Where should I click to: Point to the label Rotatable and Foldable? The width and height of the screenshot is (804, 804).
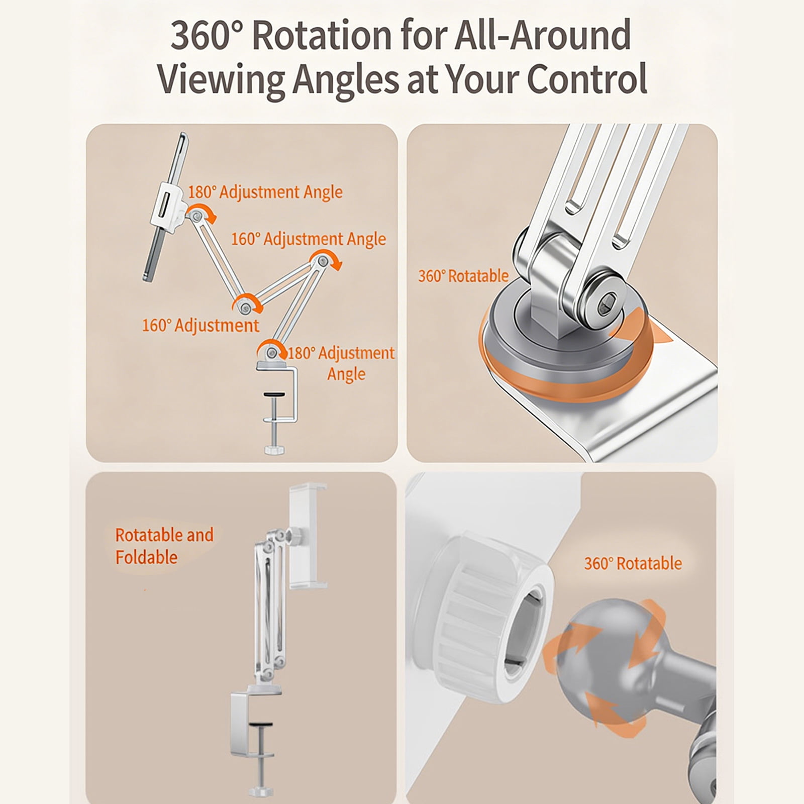coord(164,546)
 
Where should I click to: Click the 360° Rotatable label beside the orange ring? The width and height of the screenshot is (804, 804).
coord(463,276)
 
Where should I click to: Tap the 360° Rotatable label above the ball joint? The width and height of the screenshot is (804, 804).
coord(633,563)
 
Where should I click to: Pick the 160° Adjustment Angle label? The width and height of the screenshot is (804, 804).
coord(309,239)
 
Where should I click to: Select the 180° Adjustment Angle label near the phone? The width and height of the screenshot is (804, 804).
coord(265,192)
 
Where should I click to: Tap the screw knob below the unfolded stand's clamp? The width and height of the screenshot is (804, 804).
coord(275,448)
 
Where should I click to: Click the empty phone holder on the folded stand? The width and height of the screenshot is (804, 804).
coord(308,536)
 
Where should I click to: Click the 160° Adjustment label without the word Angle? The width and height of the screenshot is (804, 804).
coord(200,326)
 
